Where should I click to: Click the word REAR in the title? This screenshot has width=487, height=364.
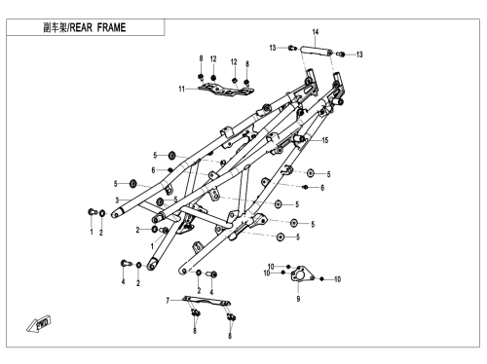pyautogui.click(x=81, y=27)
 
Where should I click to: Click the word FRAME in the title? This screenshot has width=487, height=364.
pyautogui.click(x=111, y=27)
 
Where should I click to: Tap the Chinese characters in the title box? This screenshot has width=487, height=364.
pyautogui.click(x=56, y=27)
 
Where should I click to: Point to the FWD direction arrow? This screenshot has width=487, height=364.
pyautogui.click(x=39, y=323)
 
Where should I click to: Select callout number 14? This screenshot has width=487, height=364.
pyautogui.click(x=316, y=32)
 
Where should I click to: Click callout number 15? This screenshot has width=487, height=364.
pyautogui.click(x=325, y=140)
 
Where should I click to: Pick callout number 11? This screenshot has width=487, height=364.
pyautogui.click(x=181, y=89)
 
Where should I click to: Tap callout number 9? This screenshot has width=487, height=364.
pyautogui.click(x=298, y=299)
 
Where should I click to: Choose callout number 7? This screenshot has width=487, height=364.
pyautogui.click(x=168, y=301)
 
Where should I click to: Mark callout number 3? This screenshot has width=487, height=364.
pyautogui.click(x=117, y=200)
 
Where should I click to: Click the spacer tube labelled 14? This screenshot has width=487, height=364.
pyautogui.click(x=316, y=52)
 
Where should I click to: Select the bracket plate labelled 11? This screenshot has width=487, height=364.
pyautogui.click(x=226, y=90)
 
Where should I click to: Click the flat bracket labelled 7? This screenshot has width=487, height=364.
pyautogui.click(x=206, y=301)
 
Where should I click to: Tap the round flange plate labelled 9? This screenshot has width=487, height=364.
pyautogui.click(x=302, y=274)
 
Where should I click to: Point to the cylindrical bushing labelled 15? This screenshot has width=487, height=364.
pyautogui.click(x=299, y=139)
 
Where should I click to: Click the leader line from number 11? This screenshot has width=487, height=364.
pyautogui.click(x=192, y=89)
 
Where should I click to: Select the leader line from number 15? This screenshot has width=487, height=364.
pyautogui.click(x=313, y=140)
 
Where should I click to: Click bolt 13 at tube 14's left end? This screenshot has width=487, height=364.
pyautogui.click(x=292, y=48)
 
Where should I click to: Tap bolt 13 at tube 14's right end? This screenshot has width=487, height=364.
pyautogui.click(x=341, y=54)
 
